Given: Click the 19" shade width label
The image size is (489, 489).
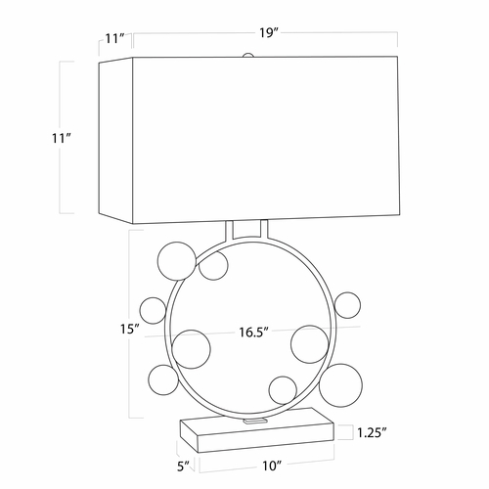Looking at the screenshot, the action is pos(269,33).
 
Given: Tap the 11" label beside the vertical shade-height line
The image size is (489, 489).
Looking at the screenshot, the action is pos(62,138).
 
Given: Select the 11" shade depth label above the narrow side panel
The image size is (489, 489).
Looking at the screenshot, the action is pos(114,39).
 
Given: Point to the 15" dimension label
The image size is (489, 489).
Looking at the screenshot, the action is pos(130,330).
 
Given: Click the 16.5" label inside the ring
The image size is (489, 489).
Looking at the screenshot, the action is pos(253,333).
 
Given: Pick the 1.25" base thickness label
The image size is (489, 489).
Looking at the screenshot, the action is pos(372,433).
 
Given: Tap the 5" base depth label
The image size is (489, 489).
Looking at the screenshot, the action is pos(183,467).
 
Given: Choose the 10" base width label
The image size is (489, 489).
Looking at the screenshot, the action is pos(272,466).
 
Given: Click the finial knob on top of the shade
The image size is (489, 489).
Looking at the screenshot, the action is pos(248,55).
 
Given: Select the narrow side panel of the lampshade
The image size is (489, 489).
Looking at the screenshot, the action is pos(115,141).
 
